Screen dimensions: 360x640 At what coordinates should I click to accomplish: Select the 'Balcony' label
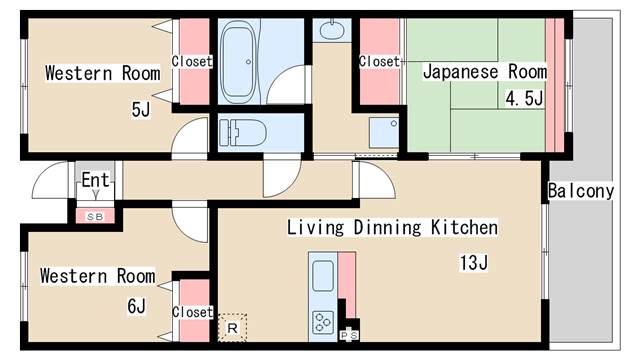(580, 191)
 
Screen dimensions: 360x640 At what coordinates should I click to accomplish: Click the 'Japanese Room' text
(484, 72)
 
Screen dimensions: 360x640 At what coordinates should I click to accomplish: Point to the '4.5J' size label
(524, 98)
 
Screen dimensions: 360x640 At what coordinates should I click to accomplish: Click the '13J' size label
(472, 263)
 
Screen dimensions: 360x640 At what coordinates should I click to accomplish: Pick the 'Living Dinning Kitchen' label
(392, 228)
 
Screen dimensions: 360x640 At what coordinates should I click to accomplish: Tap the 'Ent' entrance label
(96, 181)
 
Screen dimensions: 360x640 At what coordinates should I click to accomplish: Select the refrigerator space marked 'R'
(232, 327)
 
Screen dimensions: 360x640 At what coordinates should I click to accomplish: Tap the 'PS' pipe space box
(351, 334)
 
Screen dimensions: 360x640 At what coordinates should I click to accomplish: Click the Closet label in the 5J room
(192, 62)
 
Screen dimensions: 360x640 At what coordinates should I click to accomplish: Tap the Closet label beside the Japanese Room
(379, 62)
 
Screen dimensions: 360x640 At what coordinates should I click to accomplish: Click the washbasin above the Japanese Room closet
(331, 30)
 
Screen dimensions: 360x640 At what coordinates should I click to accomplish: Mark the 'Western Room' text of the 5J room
(102, 73)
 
